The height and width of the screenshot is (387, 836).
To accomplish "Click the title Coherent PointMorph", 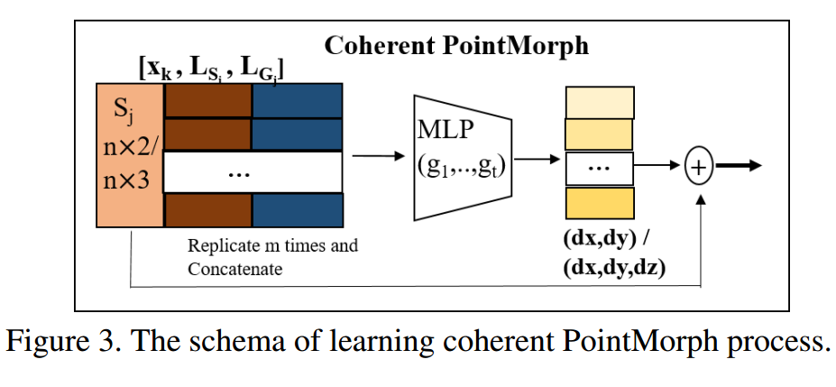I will point(457,45).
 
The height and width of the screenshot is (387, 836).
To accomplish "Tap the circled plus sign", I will point(699,166).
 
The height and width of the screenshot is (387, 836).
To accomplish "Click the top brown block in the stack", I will point(207,99).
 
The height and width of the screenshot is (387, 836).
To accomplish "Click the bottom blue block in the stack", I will point(297,210).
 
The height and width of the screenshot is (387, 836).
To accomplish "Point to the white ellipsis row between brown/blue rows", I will point(253,172).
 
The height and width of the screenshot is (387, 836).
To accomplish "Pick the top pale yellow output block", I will point(599,102).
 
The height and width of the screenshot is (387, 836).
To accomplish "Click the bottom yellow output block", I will point(599,202).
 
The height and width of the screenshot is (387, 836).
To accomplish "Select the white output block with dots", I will point(599,168).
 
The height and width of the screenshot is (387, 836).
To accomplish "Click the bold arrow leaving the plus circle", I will point(739,166).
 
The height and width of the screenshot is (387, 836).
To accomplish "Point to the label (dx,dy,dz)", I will point(613,267).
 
